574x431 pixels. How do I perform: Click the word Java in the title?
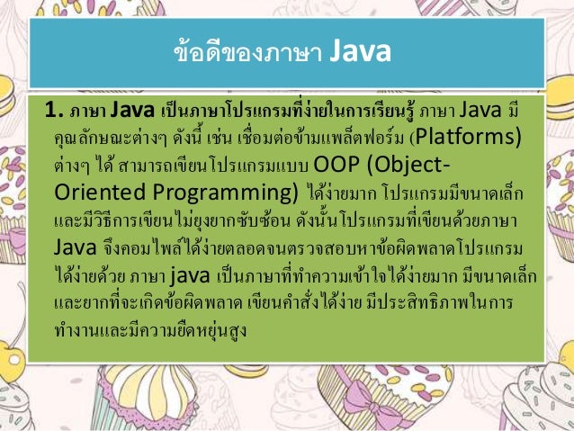point(357,53)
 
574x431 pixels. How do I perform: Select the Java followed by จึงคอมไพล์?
point(71,247)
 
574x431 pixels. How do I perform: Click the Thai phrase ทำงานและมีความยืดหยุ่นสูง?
point(150,328)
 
